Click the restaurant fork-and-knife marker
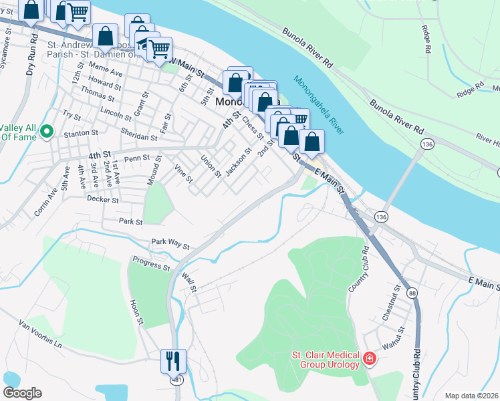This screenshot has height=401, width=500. click(173, 361)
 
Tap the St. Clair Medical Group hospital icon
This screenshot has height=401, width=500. click(368, 360)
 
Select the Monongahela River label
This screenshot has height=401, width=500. click(318, 104)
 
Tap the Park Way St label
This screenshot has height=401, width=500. click(170, 243)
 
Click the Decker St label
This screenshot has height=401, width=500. click(102, 199)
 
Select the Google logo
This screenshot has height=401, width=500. click(23, 393)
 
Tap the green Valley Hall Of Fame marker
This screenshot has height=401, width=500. click(46, 131)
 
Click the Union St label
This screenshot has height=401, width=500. click(211, 165)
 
